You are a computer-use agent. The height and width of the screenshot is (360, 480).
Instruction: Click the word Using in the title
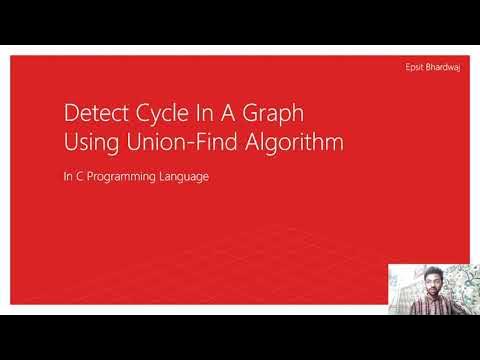pyautogui.click(x=88, y=142)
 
